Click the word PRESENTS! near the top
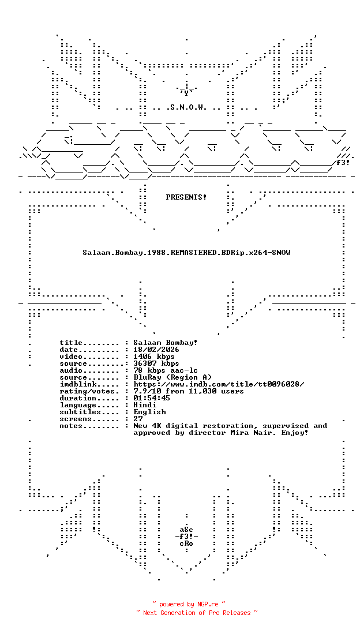pos(186,197)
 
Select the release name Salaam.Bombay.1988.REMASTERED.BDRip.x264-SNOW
pos(186,253)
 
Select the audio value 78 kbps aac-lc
pos(166,370)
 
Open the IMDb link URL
pos(219,384)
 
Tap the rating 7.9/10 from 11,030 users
pos(189,391)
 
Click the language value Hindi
pos(145,405)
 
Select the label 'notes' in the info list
pos(71,426)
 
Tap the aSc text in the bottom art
pos(186,530)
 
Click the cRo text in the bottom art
pos(186,543)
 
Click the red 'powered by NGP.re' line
pos(189,604)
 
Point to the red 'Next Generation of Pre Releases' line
pos(197,613)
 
